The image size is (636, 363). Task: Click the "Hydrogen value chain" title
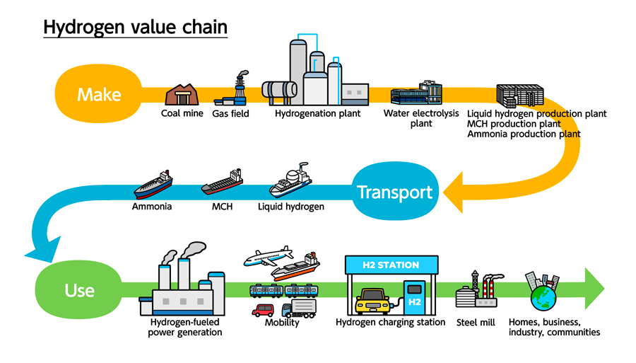pyautogui.click(x=135, y=27)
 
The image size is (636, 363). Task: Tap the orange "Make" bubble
pyautogui.click(x=99, y=94)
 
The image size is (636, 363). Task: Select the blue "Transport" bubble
pyautogui.click(x=394, y=192)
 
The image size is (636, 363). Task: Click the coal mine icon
pyautogui.click(x=179, y=95)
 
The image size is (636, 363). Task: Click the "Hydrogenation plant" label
pyautogui.click(x=317, y=113)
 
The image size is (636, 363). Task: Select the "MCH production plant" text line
pyautogui.click(x=524, y=124)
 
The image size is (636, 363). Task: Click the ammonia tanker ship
pyautogui.click(x=153, y=185)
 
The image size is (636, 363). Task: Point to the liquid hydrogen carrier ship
pyautogui.click(x=290, y=181)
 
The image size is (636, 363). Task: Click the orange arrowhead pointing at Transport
pyautogui.click(x=457, y=191)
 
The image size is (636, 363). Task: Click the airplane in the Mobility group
pyautogui.click(x=268, y=256)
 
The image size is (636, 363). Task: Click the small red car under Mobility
pyautogui.click(x=264, y=310)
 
